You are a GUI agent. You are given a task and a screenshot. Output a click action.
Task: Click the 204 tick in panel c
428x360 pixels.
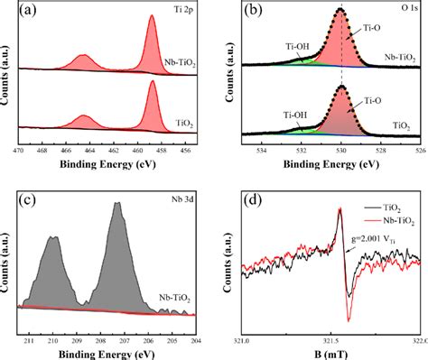pyautogui.click(x=197, y=340)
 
